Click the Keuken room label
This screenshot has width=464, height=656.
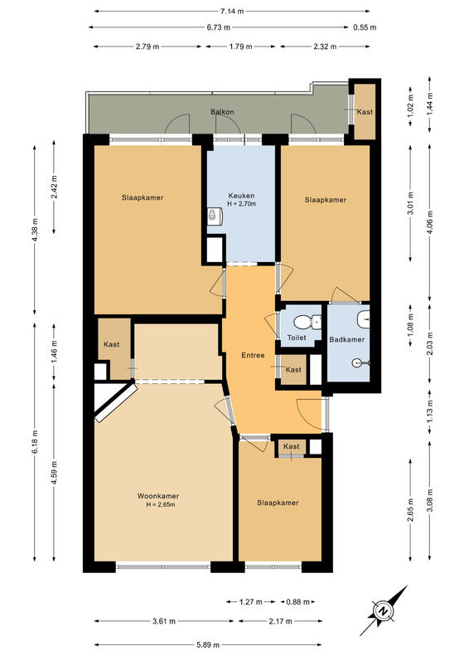coord(241,196)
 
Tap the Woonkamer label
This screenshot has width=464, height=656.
coord(158,496)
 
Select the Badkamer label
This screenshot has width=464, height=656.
coord(347,339)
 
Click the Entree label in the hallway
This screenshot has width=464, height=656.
coord(253,355)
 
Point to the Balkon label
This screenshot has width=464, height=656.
coord(222,112)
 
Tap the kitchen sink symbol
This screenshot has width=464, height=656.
coord(215,215)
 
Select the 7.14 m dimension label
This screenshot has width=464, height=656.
coord(232,12)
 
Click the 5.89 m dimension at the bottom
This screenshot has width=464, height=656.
coord(208,644)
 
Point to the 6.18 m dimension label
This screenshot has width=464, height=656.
coord(35,442)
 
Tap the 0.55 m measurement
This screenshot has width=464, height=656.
coord(365,27)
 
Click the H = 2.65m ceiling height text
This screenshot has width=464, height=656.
coord(161,504)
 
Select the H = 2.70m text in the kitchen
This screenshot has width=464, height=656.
coord(242,204)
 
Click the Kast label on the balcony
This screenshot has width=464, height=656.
coord(365,112)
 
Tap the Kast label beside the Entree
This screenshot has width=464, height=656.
coord(293,369)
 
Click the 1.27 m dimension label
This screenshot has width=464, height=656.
coord(251,602)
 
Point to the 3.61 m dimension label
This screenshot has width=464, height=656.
coord(164,621)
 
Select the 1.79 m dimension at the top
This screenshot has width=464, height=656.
coord(241,46)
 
